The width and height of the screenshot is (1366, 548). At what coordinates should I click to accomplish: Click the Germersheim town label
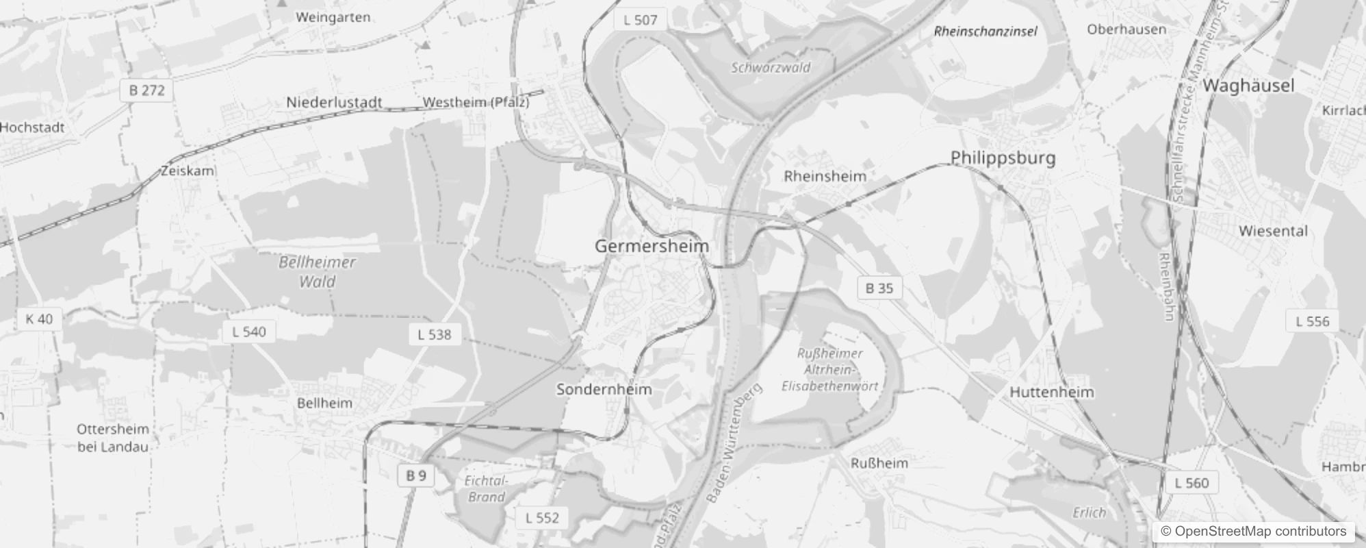tap(652, 246)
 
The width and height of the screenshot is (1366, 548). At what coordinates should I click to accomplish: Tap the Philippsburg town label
tap(1003, 158)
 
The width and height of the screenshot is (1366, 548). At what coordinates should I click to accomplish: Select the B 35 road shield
tap(879, 288)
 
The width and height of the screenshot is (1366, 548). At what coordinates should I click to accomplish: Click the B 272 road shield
tap(147, 90)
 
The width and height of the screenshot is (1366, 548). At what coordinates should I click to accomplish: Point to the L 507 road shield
tap(640, 20)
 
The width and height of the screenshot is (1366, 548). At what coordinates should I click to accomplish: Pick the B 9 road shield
tap(416, 475)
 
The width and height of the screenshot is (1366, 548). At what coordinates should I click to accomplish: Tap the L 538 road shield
tap(435, 334)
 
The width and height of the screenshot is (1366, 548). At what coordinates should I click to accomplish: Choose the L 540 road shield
tap(249, 332)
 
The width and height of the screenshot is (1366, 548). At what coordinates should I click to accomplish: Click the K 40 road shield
tap(39, 319)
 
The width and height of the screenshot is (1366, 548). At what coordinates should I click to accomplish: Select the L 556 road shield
tap(1313, 321)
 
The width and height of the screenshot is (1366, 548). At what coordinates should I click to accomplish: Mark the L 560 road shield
tap(1191, 483)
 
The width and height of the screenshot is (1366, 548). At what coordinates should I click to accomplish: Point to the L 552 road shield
tap(542, 518)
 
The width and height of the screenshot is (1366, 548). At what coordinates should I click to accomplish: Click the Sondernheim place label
tap(604, 389)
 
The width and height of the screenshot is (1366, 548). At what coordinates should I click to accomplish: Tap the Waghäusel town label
tap(1248, 86)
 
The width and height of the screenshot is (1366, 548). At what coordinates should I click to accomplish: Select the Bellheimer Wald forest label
tap(317, 271)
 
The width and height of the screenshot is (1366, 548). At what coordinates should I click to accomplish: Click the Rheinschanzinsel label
tap(985, 32)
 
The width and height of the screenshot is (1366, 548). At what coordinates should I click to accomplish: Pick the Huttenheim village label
tap(1052, 393)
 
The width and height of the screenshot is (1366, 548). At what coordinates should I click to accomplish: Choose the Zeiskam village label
tap(188, 171)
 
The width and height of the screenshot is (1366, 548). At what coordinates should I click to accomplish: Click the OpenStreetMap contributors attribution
tap(1253, 532)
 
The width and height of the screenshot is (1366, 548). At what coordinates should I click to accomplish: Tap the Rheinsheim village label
tap(825, 176)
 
